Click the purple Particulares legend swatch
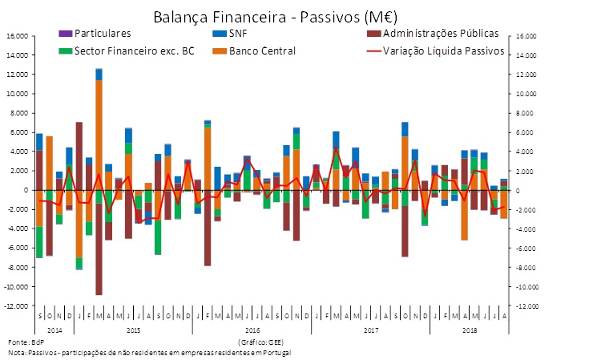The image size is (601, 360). (64, 34)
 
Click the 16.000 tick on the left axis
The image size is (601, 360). (17, 36)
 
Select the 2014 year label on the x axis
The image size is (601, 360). (54, 330)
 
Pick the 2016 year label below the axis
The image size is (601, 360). (252, 330)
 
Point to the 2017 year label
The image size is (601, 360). (371, 330)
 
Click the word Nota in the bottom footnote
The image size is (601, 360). (16, 352)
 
